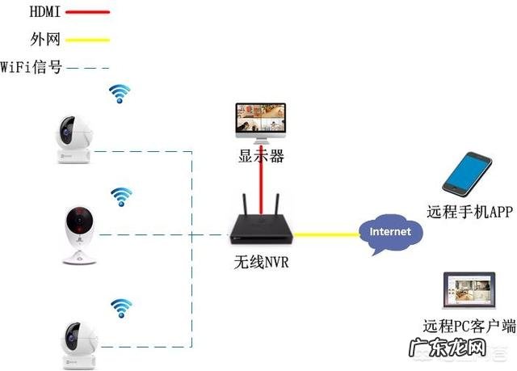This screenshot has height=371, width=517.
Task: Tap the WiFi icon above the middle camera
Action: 122,196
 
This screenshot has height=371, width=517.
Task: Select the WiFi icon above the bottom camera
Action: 121,307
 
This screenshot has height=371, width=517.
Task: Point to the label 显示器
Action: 261,156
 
